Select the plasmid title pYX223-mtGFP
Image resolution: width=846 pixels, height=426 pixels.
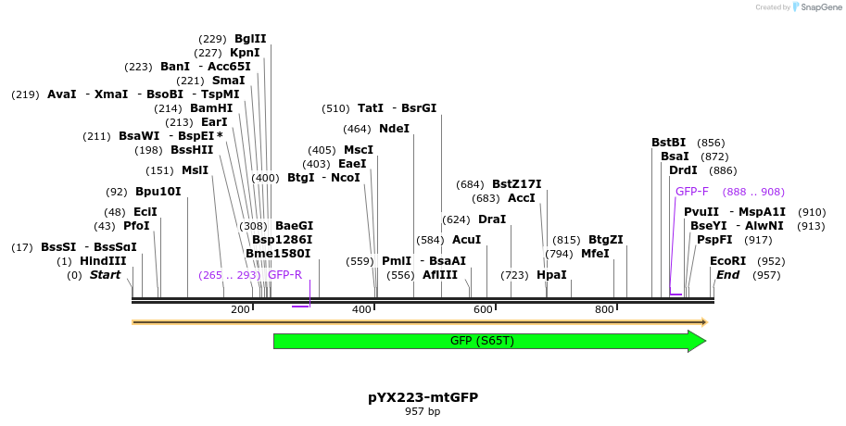coord(423,397)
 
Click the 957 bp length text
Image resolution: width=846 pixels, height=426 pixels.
coord(423,411)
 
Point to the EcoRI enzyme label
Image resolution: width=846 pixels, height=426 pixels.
coord(727,261)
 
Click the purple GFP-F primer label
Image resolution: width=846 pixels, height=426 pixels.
coord(691,192)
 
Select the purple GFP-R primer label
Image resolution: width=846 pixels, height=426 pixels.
coord(284,275)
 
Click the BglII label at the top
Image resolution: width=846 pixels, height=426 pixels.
coord(250,39)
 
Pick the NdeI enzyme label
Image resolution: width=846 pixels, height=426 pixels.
coord(394,129)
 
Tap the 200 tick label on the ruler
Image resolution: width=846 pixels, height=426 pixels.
coord(240,309)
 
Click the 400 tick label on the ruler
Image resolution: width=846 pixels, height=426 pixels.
coord(362,309)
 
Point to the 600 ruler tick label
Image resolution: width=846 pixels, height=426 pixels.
coord(483,309)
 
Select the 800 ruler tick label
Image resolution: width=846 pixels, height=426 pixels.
coord(604,309)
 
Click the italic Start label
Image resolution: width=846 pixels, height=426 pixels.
coord(105,275)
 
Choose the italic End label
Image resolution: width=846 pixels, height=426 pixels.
coord(727,275)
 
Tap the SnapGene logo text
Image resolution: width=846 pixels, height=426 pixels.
coord(821,7)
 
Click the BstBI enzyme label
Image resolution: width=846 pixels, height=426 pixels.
coord(668,143)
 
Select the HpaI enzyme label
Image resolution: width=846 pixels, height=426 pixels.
coord(551,275)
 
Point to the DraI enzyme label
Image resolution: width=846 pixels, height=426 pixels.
coord(492,219)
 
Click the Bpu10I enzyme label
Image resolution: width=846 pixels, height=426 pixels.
coord(158,192)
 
